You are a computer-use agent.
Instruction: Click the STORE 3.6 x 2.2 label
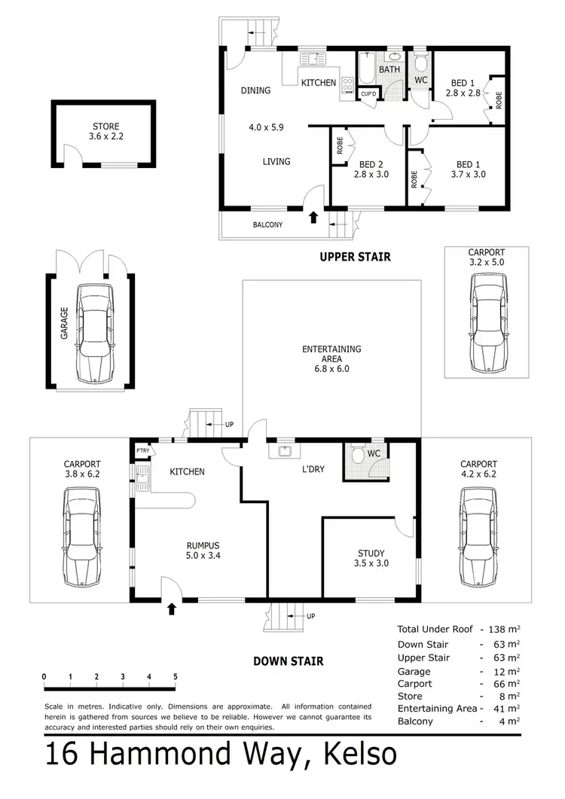point(105,133)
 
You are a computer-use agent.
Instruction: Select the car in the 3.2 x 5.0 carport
point(485,323)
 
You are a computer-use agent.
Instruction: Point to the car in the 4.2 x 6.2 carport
point(478,537)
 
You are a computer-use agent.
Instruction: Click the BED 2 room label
point(369,169)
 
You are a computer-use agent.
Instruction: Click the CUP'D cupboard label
point(368,94)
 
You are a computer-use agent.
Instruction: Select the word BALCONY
point(267,224)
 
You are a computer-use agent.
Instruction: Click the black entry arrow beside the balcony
point(313,218)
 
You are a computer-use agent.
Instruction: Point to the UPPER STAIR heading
point(355,257)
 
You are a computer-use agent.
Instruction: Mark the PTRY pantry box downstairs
point(142,450)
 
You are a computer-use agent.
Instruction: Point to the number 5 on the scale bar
point(175,676)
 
